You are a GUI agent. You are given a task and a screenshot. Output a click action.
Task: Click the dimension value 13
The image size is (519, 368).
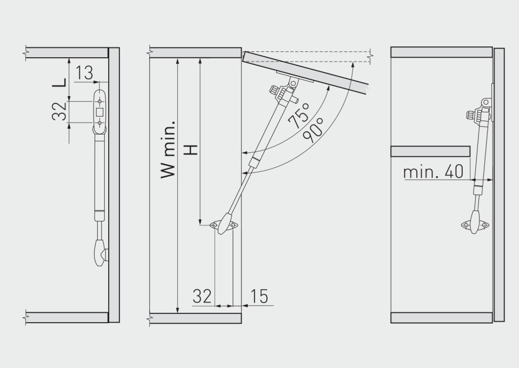coord(84,73)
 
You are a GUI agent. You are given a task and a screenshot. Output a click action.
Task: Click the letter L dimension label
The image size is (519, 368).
coord(59,82)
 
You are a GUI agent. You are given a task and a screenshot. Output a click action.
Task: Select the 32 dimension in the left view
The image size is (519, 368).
coord(59,111)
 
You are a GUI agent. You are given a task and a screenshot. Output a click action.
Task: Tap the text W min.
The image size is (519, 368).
coord(168,150)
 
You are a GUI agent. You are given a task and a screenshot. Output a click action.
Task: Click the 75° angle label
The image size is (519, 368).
coord(298,115)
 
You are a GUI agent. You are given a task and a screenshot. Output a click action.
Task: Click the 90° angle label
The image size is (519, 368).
coord(313,130)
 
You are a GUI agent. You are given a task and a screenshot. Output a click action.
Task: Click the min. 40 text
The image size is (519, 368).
coord(433,172)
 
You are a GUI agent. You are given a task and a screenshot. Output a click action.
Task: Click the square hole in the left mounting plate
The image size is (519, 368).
coord(99,112)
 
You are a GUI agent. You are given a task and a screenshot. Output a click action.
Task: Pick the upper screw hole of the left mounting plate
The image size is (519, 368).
coord(99,101)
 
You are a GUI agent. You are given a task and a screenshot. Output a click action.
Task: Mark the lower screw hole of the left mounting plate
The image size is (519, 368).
coord(99,123)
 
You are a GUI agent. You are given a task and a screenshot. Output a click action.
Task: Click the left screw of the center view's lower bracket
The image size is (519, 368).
coord(215,225)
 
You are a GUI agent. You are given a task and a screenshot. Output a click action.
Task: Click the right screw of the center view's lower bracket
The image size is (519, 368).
coord(233,225)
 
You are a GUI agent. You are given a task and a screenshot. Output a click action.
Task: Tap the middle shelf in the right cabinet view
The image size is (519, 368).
coord(430,151)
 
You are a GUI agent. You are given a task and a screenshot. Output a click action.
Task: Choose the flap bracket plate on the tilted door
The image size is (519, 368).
coord(295,77)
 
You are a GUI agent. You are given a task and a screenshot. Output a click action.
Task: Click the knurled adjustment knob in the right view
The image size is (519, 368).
coord(471,116)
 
